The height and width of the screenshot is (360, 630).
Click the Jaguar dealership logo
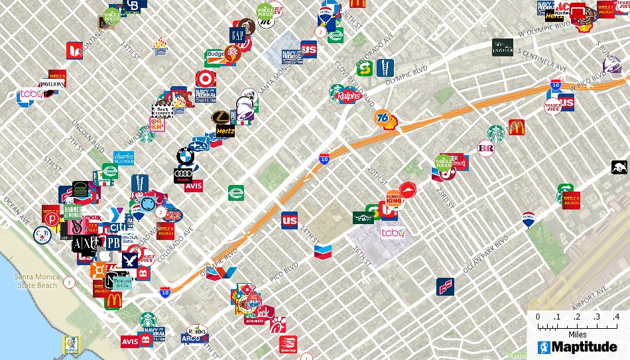[x=502, y=48]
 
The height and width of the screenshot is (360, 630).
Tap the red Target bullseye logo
[x=206, y=79]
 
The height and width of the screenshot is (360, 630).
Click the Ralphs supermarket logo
[x=349, y=96]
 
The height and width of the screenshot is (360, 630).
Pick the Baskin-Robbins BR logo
[x=486, y=149]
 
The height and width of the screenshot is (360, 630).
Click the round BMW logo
[x=184, y=156]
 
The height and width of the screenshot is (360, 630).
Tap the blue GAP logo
[x=237, y=34]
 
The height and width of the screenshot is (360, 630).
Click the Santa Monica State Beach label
[x=36, y=281]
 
